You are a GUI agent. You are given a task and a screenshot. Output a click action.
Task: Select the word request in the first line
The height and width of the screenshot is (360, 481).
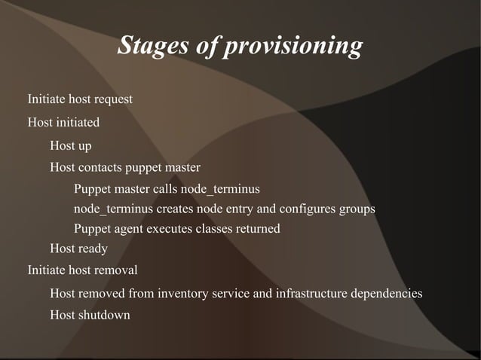113,99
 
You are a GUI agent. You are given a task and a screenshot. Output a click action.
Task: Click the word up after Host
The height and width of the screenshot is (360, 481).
84,146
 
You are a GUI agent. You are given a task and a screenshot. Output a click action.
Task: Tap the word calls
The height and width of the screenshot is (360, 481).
166,188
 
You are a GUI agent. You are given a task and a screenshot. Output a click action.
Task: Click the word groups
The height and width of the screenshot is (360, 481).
357,209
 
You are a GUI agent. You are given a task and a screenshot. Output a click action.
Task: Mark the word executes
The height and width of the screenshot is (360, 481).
173,229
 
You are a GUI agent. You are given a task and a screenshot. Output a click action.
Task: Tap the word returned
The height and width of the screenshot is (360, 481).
258,229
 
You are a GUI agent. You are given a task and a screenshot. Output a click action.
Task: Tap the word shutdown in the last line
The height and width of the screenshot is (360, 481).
105,315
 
